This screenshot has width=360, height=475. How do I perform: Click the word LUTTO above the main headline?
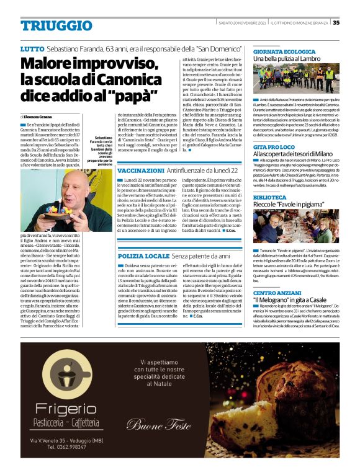tap(32, 48)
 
